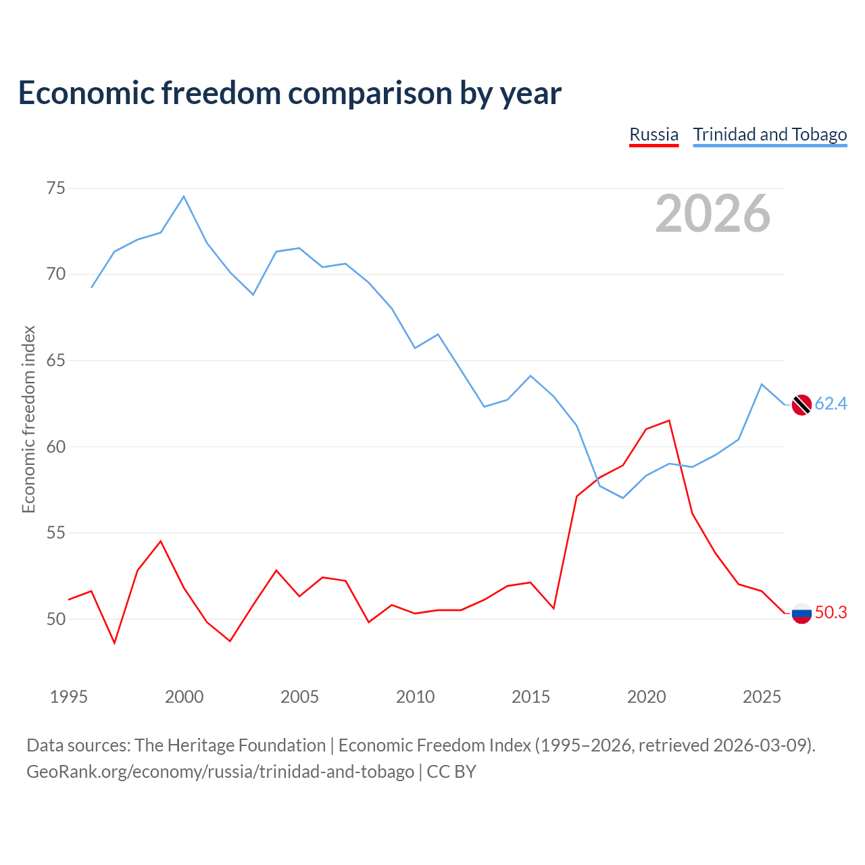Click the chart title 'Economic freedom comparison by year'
click(289, 93)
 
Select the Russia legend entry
click(653, 134)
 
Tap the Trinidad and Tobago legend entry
click(770, 134)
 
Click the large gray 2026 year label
click(712, 214)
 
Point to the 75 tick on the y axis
click(56, 188)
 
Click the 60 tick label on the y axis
click(56, 447)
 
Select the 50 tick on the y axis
click(56, 619)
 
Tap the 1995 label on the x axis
click(69, 697)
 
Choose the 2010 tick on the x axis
click(415, 697)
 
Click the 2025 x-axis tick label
click(762, 697)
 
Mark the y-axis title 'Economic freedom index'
click(28, 419)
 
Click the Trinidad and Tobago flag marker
click(801, 404)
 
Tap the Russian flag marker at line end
click(801, 613)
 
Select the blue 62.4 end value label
click(831, 404)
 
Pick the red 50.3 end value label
click(831, 613)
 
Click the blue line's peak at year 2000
click(184, 197)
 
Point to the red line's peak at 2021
click(669, 420)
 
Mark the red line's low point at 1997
click(114, 643)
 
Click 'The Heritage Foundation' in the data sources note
click(230, 745)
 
